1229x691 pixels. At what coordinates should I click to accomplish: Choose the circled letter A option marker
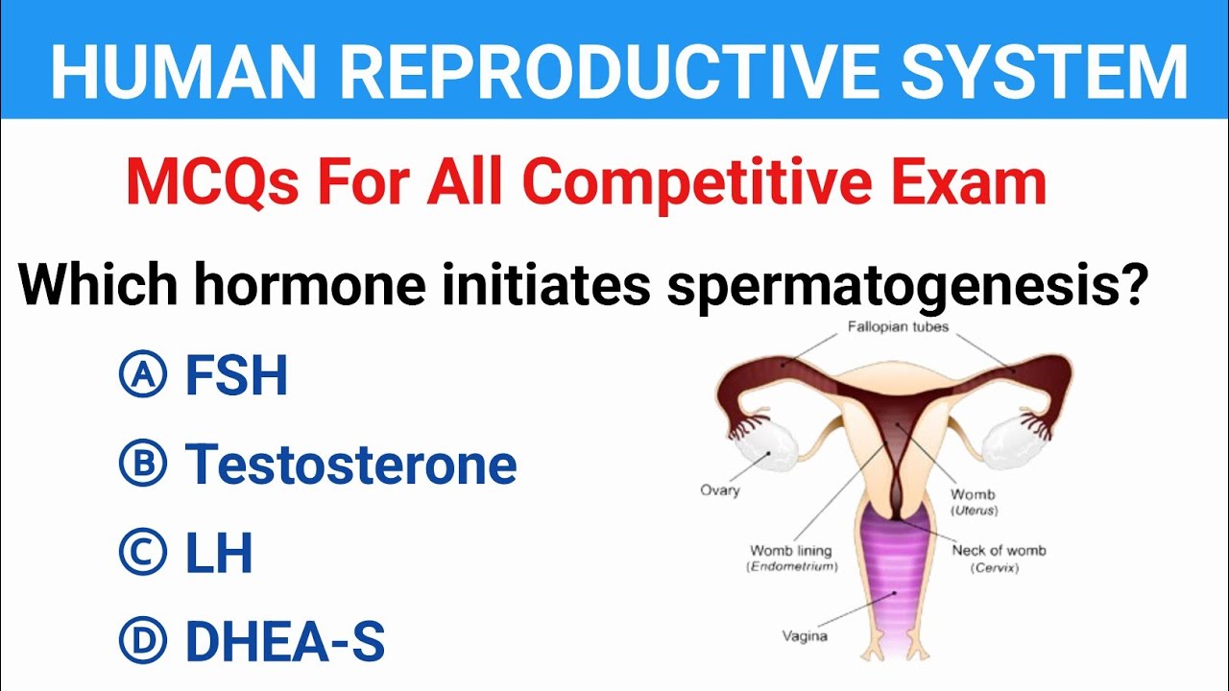[142, 375]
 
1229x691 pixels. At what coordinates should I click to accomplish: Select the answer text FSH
[236, 375]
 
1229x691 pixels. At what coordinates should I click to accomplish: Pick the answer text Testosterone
[351, 465]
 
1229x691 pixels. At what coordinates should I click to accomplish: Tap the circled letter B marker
[142, 465]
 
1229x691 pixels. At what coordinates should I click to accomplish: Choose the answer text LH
[219, 554]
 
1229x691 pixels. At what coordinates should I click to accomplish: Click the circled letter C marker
[142, 554]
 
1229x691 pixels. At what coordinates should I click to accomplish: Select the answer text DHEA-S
[285, 641]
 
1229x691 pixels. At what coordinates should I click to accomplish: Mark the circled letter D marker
[142, 641]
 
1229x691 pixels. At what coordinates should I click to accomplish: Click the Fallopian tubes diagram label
[898, 327]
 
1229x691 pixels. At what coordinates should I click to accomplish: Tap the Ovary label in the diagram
[719, 490]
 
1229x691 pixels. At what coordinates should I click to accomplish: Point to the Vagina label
[805, 635]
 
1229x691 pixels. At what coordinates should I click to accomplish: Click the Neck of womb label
[999, 551]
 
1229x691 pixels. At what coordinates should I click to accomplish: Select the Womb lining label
[790, 551]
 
